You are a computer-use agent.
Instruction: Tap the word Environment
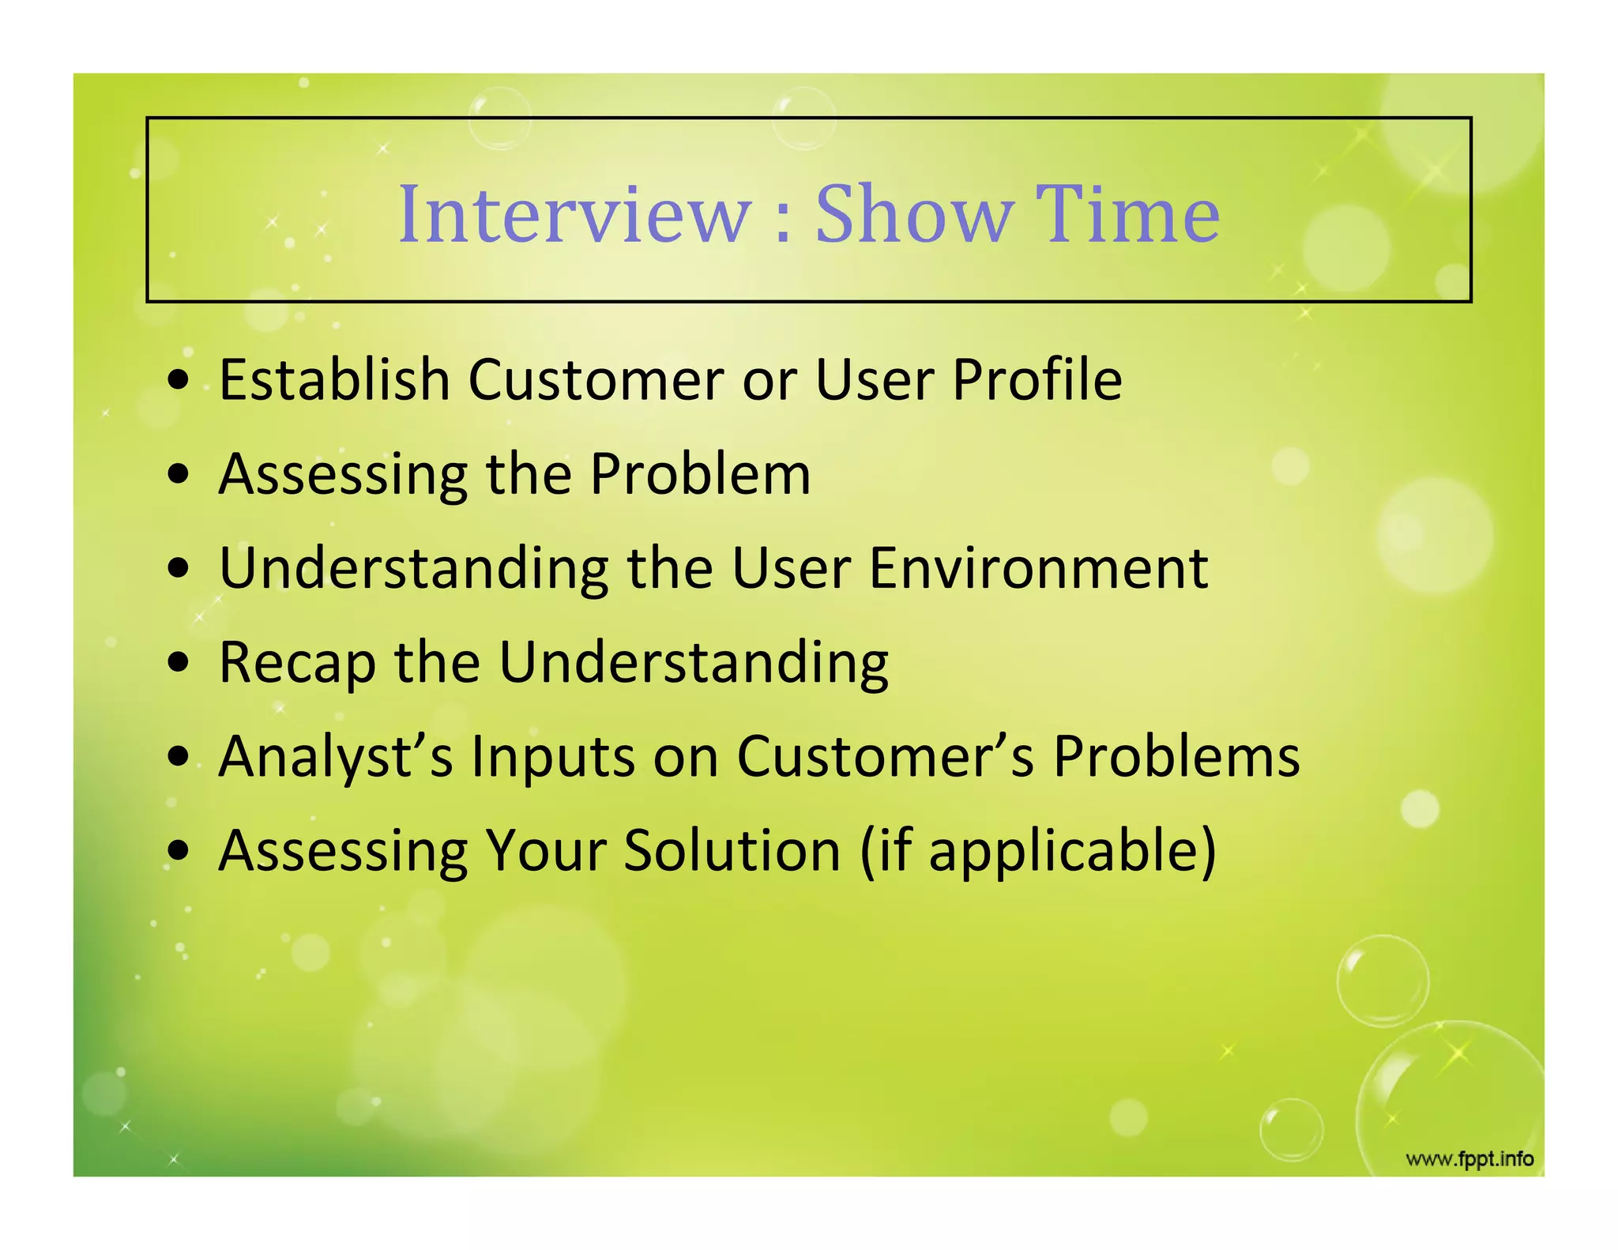pyautogui.click(x=1038, y=568)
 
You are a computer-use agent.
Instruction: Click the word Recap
pyautogui.click(x=296, y=662)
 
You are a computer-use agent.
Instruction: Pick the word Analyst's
pyautogui.click(x=336, y=756)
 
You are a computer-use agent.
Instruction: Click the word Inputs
pyautogui.click(x=553, y=756)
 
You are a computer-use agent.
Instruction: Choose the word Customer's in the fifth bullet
pyautogui.click(x=886, y=756)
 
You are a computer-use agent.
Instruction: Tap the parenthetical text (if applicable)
pyautogui.click(x=1038, y=852)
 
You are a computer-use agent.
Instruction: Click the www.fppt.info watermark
pyautogui.click(x=1469, y=1159)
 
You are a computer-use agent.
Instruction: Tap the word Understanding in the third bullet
pyautogui.click(x=414, y=568)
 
